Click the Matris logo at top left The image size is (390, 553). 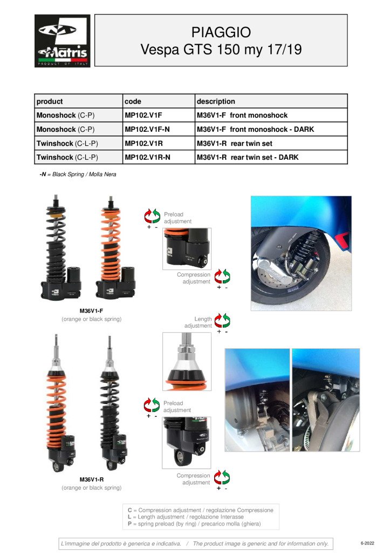(63, 41)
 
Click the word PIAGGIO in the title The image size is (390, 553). (221, 32)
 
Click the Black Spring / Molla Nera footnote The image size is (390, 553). (78, 174)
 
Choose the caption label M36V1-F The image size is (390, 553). (91, 311)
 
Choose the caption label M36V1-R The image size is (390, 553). (91, 480)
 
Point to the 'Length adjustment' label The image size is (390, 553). (199, 322)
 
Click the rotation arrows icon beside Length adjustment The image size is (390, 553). (222, 320)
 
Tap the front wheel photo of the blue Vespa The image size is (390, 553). (301, 253)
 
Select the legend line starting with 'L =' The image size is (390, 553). (186, 517)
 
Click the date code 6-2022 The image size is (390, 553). (367, 543)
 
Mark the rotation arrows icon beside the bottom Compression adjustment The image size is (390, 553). (222, 477)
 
